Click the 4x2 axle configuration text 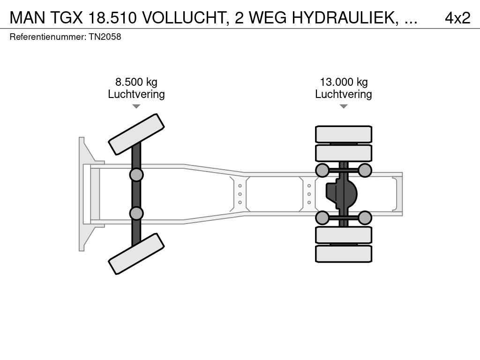pos(457,18)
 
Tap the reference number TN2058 pos(105,37)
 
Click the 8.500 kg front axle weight pos(136,82)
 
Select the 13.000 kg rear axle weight pos(344,82)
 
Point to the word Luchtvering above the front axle pos(136,94)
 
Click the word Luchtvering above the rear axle pos(344,94)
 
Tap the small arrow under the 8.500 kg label pos(136,106)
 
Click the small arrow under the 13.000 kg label pos(344,106)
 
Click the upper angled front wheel pos(136,135)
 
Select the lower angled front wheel pos(136,254)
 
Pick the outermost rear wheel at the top pos(344,134)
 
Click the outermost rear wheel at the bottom pos(344,254)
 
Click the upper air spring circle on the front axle pos(136,175)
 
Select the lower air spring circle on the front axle pos(136,213)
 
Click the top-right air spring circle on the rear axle pos(365,170)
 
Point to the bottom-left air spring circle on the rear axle pos(322,218)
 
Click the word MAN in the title pos(28,18)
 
